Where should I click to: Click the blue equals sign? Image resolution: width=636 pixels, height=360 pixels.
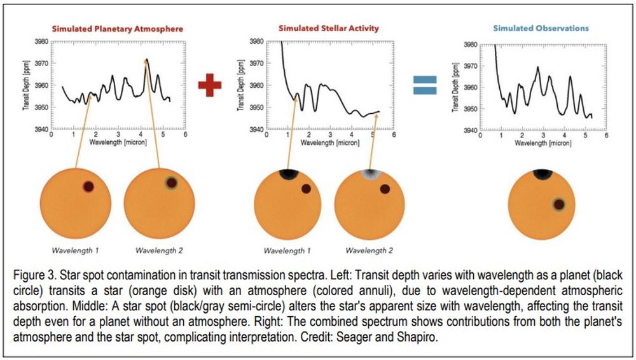click(425, 85)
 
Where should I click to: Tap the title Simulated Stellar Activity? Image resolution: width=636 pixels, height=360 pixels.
click(329, 29)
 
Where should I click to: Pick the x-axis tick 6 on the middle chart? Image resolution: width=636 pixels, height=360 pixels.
click(394, 135)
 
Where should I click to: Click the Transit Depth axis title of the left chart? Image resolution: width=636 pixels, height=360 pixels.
click(26, 86)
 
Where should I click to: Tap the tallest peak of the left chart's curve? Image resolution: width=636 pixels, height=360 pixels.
click(147, 59)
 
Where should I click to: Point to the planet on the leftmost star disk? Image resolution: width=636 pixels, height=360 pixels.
click(88, 186)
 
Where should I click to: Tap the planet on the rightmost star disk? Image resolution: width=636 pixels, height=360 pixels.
click(558, 204)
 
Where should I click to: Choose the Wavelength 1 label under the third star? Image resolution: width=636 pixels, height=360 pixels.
click(283, 250)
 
